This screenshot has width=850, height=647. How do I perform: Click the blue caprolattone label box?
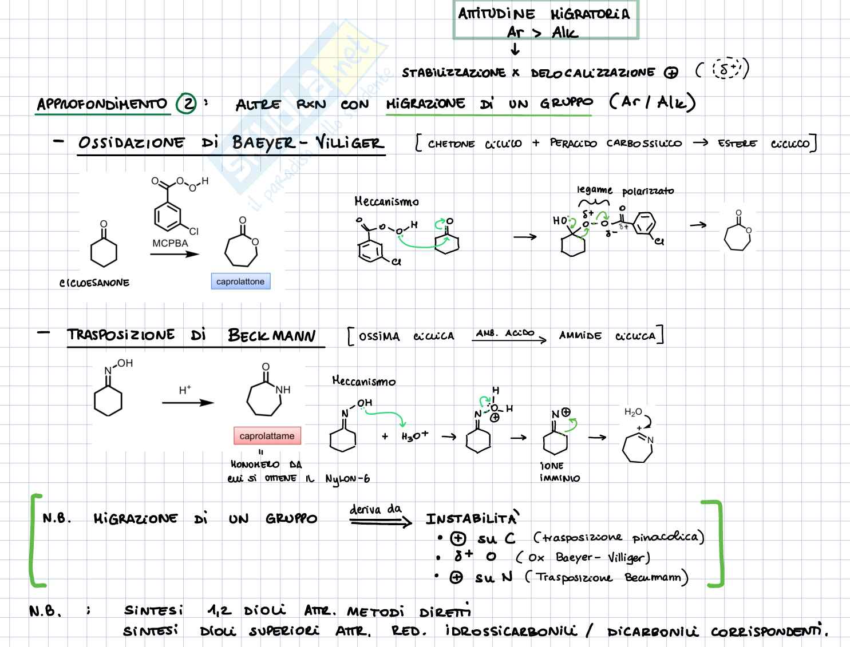click(x=240, y=281)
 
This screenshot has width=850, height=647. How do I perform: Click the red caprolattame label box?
click(x=267, y=436)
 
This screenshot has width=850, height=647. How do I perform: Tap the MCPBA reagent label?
click(x=170, y=243)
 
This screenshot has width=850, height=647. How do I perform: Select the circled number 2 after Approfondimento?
click(x=186, y=104)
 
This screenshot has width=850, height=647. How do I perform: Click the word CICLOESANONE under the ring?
click(x=94, y=283)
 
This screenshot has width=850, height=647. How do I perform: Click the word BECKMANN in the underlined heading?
click(x=271, y=335)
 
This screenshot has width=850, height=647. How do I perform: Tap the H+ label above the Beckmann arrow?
click(x=185, y=390)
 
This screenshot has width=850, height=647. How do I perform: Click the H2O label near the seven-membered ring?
click(x=633, y=412)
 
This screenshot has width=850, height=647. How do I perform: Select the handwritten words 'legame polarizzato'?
click(x=625, y=190)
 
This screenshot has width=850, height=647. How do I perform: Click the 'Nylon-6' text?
click(x=347, y=479)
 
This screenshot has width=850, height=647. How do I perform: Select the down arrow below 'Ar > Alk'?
click(x=515, y=50)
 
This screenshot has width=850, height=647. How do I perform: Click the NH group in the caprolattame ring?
click(x=283, y=390)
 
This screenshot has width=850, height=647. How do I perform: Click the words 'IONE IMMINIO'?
click(x=552, y=472)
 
